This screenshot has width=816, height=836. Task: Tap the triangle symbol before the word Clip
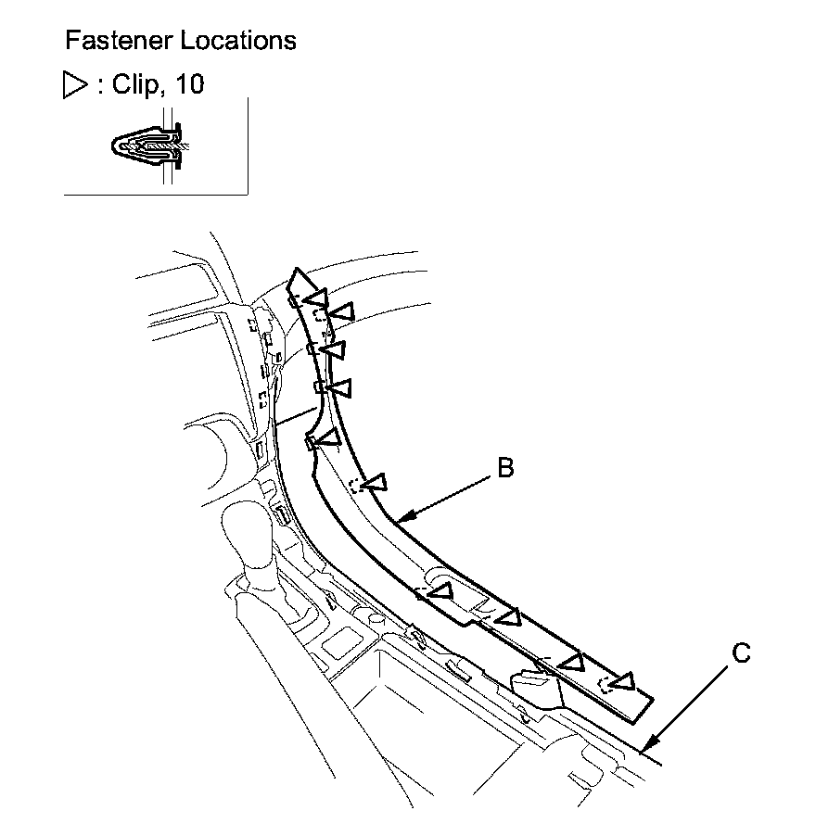[x=72, y=85]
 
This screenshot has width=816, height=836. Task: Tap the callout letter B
[x=504, y=469]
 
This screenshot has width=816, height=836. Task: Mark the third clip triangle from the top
[x=335, y=349]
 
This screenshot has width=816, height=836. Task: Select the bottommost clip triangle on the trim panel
[x=623, y=683]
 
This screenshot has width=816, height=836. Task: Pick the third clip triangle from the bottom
[x=508, y=616]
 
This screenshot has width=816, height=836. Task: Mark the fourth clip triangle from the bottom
[x=442, y=589]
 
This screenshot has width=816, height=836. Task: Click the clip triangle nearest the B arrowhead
[x=376, y=483]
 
